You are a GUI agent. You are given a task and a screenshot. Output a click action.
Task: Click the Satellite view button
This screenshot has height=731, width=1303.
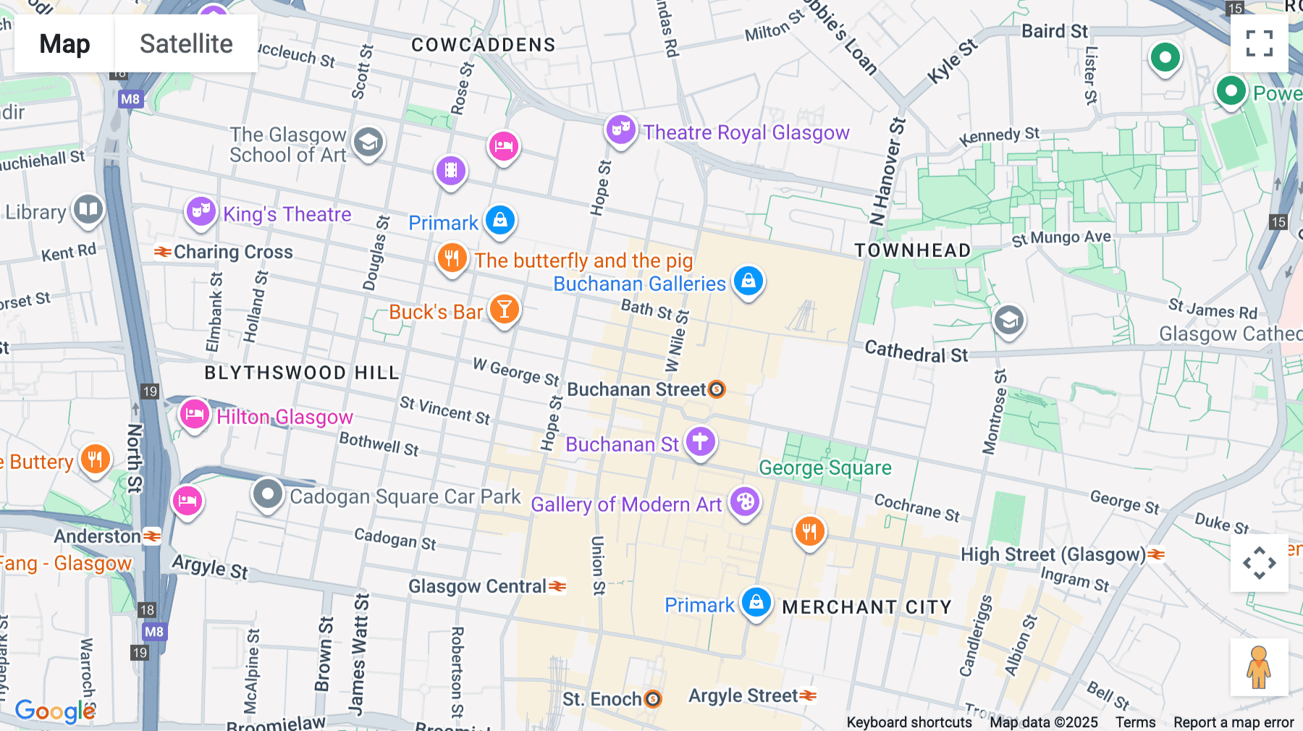186,43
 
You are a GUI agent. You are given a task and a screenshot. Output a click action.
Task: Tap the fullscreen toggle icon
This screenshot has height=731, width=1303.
1259,43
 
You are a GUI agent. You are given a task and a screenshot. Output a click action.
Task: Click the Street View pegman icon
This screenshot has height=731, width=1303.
1259,667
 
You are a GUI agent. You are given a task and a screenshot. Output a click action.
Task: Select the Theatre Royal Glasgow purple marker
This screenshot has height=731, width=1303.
620,130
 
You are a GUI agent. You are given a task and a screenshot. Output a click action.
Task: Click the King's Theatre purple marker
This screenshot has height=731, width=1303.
201,212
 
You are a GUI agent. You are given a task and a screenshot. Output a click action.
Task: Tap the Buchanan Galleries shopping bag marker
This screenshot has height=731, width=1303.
749,281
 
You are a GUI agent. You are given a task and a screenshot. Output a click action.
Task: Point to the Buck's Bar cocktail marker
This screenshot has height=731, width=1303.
505,310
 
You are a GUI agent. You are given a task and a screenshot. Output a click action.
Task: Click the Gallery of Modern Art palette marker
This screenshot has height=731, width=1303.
745,502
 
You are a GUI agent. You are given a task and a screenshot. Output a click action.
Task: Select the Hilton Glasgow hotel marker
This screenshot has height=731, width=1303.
194,415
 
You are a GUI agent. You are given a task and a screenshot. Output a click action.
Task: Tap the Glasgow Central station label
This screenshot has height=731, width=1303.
478,586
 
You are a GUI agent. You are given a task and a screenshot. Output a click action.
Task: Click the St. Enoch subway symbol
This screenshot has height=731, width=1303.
653,699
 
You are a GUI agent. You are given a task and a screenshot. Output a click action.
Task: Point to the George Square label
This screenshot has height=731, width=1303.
825,468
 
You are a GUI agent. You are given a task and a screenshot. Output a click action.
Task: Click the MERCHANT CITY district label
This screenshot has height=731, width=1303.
866,607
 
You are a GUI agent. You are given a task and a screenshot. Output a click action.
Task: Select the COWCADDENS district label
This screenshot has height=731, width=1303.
483,45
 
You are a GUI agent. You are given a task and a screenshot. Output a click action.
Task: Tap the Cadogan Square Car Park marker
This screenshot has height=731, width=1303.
267,494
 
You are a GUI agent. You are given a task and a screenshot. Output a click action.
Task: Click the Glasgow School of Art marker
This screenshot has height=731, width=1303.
368,143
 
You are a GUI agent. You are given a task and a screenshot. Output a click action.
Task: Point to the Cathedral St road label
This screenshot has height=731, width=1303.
916,352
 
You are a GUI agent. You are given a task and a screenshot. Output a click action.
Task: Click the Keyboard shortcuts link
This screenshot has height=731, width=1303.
908,722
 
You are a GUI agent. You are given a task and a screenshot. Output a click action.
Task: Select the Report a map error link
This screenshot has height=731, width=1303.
1233,722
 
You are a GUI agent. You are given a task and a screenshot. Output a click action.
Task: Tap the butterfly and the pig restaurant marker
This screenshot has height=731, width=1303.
452,258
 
